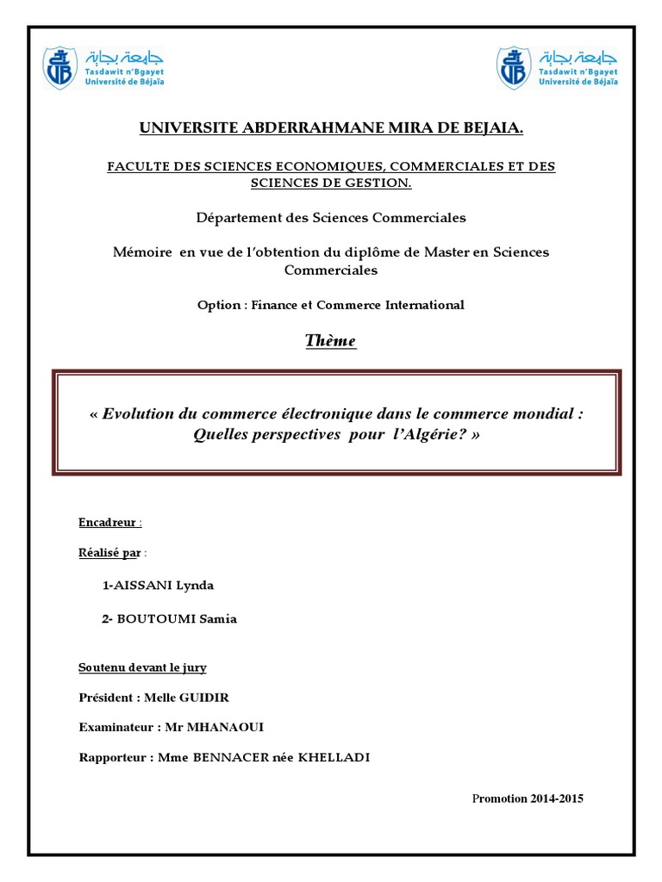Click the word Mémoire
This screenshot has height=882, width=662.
coord(142,252)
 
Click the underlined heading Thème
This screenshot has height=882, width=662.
coord(330,341)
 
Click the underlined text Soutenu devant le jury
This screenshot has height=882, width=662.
coord(142,668)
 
